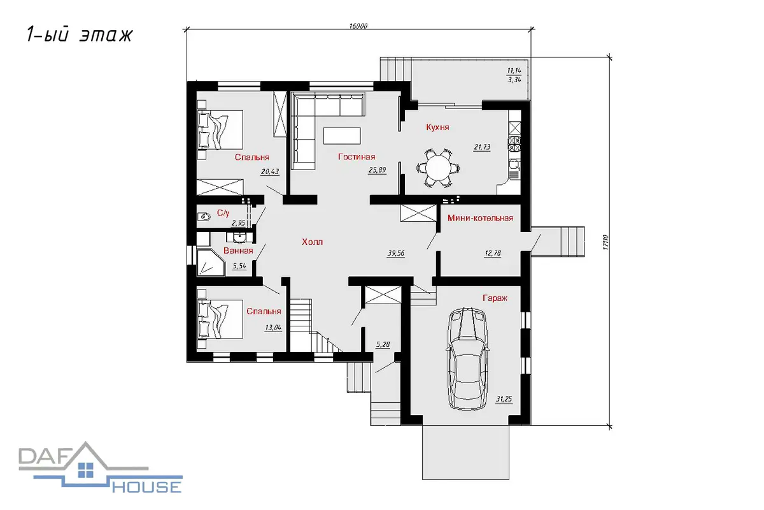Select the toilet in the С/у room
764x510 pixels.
[x=204, y=217]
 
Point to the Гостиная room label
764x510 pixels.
[x=357, y=157]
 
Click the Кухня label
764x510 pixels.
[x=437, y=127]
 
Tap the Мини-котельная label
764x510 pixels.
[x=480, y=218]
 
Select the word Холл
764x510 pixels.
[x=312, y=242]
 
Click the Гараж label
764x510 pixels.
[x=495, y=298]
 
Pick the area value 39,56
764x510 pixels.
[x=396, y=253]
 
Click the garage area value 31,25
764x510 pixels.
[x=504, y=399]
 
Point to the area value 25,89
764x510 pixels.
[x=377, y=170]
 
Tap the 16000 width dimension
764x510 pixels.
[x=358, y=26]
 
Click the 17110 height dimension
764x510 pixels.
[x=605, y=242]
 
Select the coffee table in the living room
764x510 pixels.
[x=342, y=136]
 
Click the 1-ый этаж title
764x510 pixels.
[x=80, y=34]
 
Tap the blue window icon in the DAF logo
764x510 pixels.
[x=85, y=470]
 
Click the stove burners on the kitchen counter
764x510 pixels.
[x=514, y=143]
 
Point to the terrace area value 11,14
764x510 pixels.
[x=514, y=71]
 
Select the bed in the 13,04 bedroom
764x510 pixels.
[x=220, y=319]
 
